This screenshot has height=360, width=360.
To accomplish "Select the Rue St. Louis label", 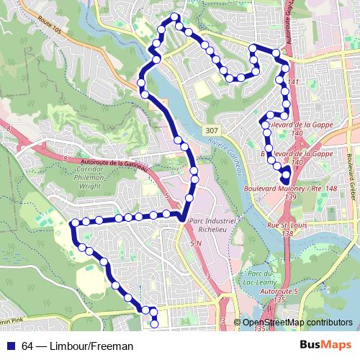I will click(282, 225).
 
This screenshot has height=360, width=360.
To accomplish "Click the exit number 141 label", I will click(292, 83).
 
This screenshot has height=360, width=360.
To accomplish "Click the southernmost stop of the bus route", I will click(154, 324).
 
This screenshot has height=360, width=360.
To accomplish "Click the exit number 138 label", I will click(288, 234).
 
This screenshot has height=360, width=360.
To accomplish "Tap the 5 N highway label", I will click(196, 245).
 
